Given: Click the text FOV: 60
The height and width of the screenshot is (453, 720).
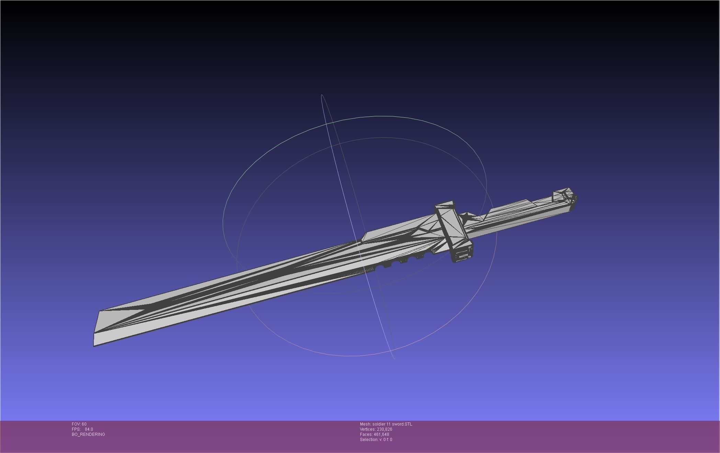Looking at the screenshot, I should pyautogui.click(x=79, y=424).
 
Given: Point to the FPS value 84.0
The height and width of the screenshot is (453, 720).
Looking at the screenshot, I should pyautogui.click(x=89, y=429).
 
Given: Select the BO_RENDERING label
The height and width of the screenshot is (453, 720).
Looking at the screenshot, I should pyautogui.click(x=88, y=434).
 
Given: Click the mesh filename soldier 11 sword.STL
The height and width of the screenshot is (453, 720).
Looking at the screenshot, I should pyautogui.click(x=392, y=424).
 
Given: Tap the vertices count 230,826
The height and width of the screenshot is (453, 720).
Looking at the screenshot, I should pyautogui.click(x=384, y=429).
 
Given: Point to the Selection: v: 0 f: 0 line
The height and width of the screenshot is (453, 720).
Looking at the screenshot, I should pyautogui.click(x=376, y=440).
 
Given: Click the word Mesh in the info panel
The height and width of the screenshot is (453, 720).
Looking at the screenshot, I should pyautogui.click(x=365, y=424).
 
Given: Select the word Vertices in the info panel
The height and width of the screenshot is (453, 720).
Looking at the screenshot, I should pyautogui.click(x=367, y=429).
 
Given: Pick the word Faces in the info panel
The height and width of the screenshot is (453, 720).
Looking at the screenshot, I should pyautogui.click(x=366, y=434).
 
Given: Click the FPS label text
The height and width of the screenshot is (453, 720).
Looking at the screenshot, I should pyautogui.click(x=76, y=429).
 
